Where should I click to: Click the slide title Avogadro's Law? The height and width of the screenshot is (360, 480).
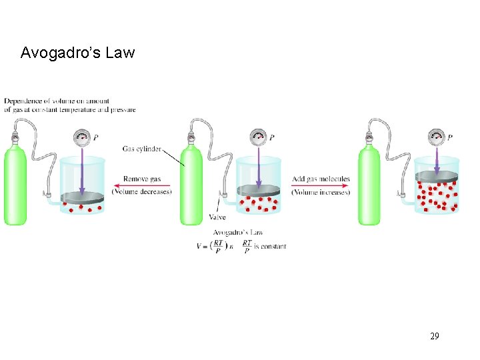[x=77, y=53]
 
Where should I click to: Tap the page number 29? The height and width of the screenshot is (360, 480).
[x=434, y=336]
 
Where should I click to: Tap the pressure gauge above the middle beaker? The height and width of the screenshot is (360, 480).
[x=259, y=137]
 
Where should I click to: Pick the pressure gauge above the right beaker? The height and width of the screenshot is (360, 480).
[x=437, y=137]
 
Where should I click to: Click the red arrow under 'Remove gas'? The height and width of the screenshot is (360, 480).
[x=142, y=185]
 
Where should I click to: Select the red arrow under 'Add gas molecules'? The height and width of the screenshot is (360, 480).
[x=320, y=185]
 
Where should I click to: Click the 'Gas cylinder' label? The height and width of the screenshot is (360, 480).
[x=141, y=149]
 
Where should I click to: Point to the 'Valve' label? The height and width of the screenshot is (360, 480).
[x=217, y=217]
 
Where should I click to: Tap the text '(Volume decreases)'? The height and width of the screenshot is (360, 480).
[x=142, y=192]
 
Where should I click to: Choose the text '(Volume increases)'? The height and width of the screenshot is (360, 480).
[x=321, y=192]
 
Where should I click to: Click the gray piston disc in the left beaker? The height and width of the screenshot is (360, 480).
[x=83, y=197]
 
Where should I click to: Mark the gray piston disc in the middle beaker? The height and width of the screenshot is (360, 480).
[x=260, y=190]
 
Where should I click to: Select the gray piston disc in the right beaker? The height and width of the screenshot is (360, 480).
[x=437, y=176]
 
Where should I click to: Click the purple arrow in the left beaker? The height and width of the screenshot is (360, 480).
[x=82, y=170]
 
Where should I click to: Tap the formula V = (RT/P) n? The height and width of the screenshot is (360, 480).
[x=216, y=246]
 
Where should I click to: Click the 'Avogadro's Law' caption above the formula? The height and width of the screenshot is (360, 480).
[x=238, y=232]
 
